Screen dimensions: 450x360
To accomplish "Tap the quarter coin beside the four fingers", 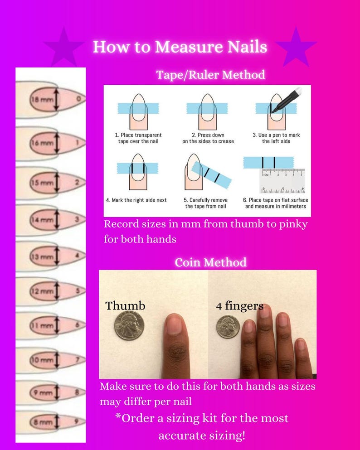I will [x=227, y=326].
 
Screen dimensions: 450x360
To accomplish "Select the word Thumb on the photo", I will [x=125, y=306].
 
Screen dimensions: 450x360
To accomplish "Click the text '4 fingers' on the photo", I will [x=239, y=306].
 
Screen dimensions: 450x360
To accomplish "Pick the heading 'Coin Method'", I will [x=210, y=262].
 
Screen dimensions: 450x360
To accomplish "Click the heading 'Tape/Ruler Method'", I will [x=210, y=75].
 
